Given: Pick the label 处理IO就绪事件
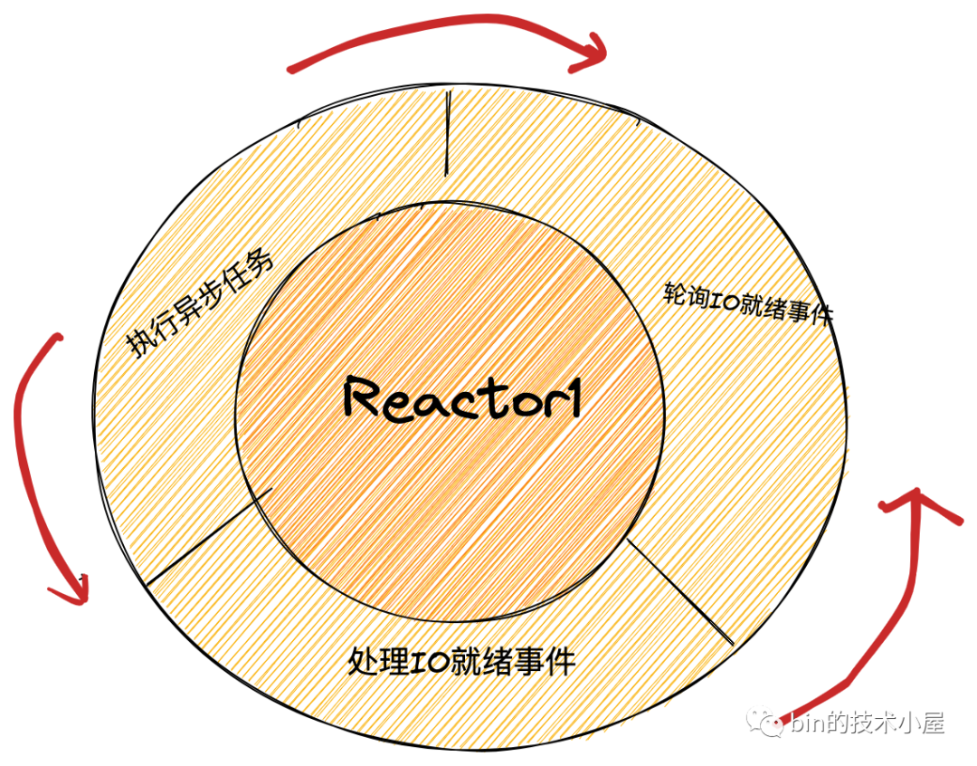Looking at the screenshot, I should (x=461, y=661).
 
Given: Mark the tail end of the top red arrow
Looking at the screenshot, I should (x=291, y=68).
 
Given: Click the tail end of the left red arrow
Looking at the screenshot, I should (x=58, y=338).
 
